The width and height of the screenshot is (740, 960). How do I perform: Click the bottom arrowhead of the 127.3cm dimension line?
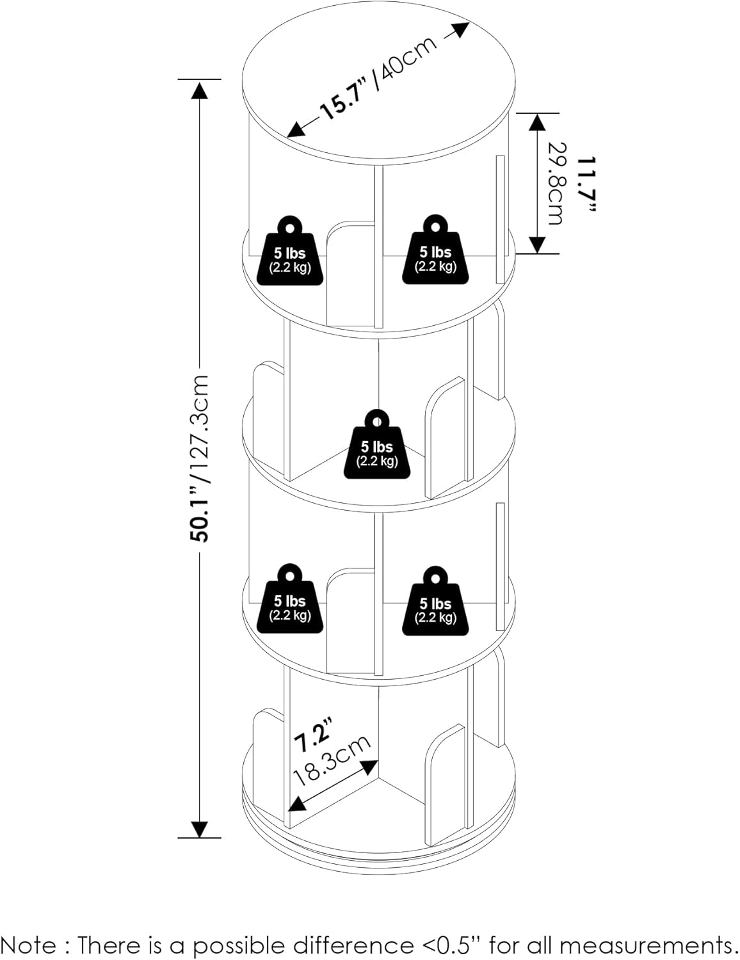point(200,828)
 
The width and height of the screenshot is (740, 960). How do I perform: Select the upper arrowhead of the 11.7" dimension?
point(536,122)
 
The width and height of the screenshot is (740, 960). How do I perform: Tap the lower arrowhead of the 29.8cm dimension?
point(536,243)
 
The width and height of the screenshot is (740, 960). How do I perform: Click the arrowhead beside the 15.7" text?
point(296,130)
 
